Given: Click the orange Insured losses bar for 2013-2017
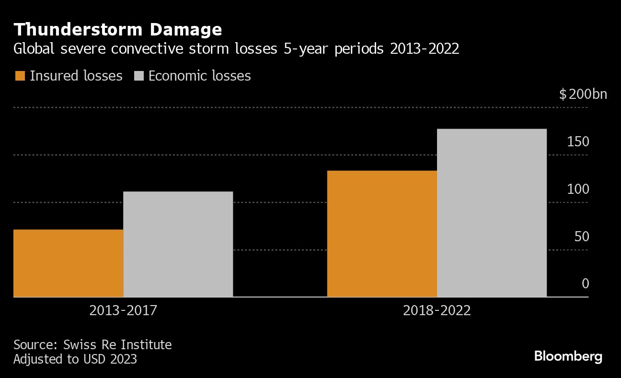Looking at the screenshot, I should [69, 263].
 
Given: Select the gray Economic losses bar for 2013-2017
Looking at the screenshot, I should [178, 244].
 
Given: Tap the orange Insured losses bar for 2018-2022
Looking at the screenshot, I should [382, 234].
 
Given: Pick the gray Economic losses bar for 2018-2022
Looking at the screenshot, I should [492, 213].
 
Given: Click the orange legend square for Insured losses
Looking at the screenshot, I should [20, 76].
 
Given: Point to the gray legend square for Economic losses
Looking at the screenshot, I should [138, 76].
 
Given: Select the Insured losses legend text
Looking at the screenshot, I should [76, 76].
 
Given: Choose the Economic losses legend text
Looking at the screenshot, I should [199, 76].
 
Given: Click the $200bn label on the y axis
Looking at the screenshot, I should [583, 94].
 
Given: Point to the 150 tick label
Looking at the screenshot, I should [578, 142].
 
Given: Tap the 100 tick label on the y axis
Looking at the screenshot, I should [578, 189].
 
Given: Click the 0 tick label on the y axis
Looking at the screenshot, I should [585, 283].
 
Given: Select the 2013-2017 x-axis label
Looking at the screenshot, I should [123, 311].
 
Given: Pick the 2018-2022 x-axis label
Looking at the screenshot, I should [437, 311].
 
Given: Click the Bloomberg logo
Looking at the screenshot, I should [568, 356].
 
